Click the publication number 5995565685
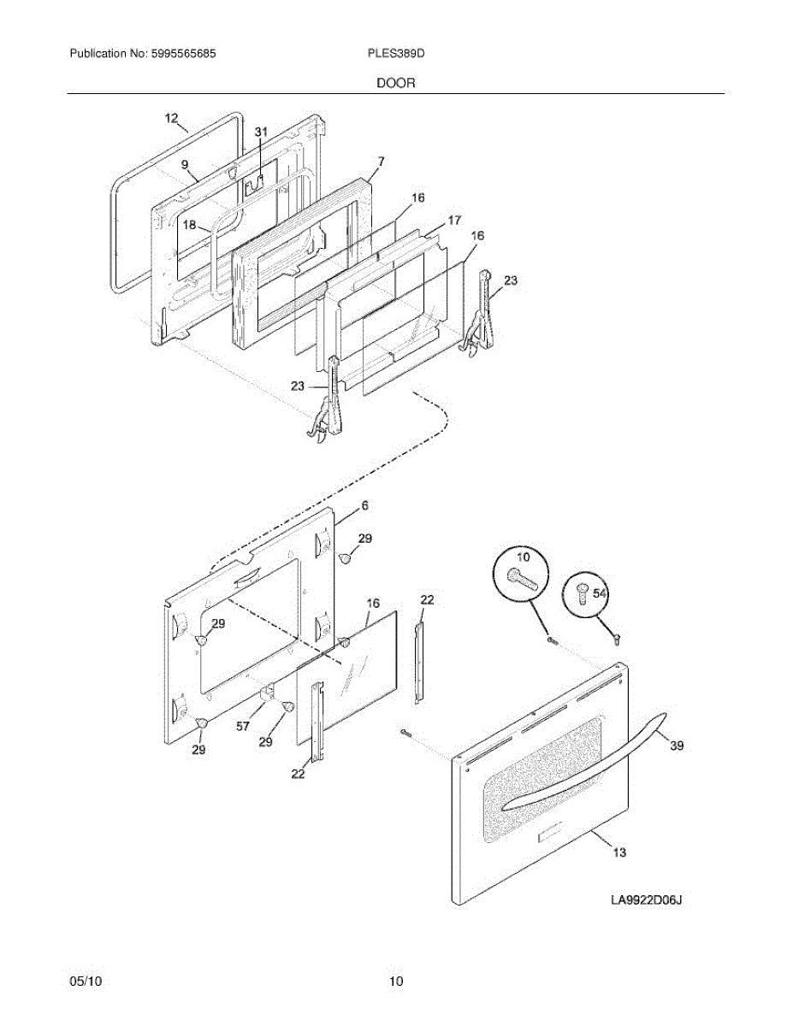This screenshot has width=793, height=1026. (x=180, y=53)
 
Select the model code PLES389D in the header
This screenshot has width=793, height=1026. (x=395, y=53)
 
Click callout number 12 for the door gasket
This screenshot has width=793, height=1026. (x=172, y=118)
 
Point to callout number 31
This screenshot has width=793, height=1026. (x=261, y=132)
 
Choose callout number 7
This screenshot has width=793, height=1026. (x=381, y=161)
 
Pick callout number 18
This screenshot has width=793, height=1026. (x=189, y=225)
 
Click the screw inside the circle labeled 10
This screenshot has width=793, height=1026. (x=522, y=580)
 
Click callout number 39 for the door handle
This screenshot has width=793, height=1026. (x=677, y=746)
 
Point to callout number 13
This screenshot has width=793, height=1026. (x=618, y=852)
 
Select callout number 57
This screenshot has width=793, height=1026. (x=244, y=727)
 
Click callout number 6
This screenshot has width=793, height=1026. (x=364, y=505)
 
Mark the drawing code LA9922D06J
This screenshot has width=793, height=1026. (x=650, y=900)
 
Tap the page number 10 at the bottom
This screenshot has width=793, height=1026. (x=395, y=982)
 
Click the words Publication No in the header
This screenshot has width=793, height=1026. (x=105, y=53)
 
